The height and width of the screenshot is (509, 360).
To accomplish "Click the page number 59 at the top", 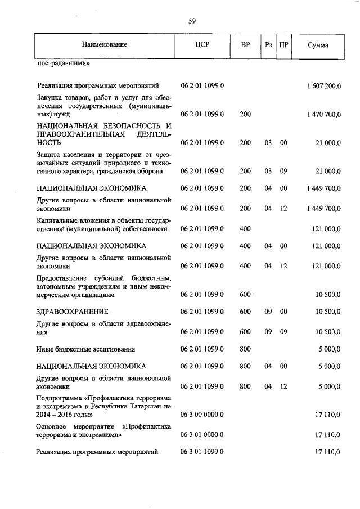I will tap(192, 21).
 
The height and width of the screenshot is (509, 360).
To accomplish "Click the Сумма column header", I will tap(318, 44).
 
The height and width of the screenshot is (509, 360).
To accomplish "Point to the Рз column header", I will tap(268, 44).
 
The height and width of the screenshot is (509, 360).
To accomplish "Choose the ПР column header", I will tap(284, 44).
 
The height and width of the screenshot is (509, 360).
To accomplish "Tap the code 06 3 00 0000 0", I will tap(202, 414).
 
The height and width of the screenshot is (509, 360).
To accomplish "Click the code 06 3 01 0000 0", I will tap(202, 434).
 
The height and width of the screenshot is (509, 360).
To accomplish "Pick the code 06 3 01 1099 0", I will tap(202, 452).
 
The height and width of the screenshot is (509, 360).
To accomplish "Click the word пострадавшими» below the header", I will tap(64, 63).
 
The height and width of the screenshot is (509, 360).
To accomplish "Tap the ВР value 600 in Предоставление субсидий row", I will tap(245, 294).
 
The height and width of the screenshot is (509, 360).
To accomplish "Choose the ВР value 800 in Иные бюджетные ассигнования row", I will tap(245, 349).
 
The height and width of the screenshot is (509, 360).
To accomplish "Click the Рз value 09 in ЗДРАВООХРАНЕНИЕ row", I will tap(268, 311).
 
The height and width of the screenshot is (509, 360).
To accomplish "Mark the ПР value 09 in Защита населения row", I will tap(284, 170).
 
